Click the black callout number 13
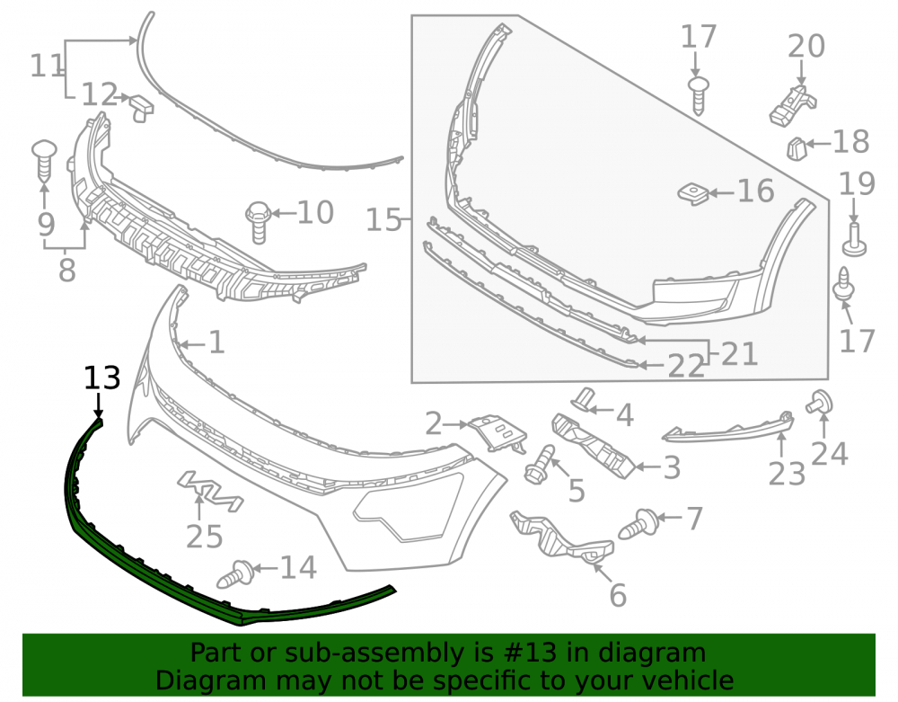point(102,378)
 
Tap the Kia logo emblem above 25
point(210,491)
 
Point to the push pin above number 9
point(44,159)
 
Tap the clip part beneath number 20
point(793,105)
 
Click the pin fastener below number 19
point(854,241)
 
